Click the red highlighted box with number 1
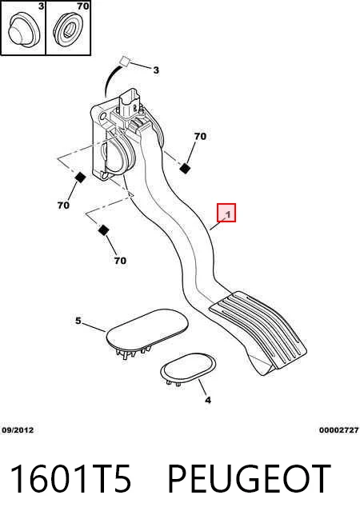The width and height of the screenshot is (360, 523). (226, 213)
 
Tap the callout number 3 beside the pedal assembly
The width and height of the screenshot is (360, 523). (156, 70)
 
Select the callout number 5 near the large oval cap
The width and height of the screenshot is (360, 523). (78, 321)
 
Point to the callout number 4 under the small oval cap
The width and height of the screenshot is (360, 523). (208, 400)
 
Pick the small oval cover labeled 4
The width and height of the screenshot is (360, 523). (188, 368)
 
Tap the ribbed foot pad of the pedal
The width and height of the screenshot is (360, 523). (258, 329)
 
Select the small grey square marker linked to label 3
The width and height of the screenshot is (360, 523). (125, 61)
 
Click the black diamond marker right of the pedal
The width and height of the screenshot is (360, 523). (185, 169)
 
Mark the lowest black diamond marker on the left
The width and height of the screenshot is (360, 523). (104, 230)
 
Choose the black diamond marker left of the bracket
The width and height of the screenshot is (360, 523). (80, 178)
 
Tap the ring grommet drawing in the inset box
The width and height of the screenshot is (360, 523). (68, 28)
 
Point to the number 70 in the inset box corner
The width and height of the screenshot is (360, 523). (82, 6)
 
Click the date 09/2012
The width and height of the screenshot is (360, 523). (18, 430)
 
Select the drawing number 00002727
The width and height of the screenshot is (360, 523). (338, 430)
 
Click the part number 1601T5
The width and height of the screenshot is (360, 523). (70, 479)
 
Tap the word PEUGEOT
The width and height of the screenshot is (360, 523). (249, 479)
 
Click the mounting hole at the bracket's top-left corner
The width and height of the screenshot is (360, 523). (102, 116)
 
